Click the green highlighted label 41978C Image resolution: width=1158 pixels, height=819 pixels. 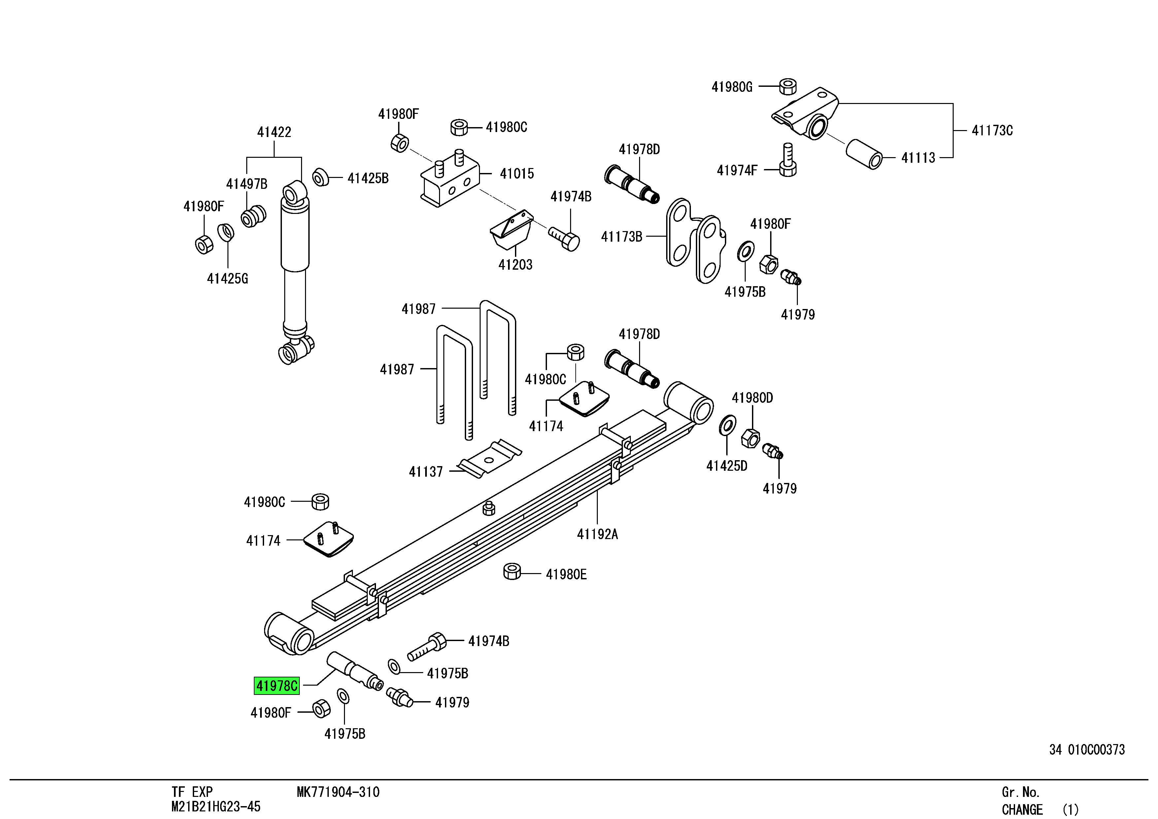(x=276, y=686)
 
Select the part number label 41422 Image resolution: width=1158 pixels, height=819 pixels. (x=274, y=132)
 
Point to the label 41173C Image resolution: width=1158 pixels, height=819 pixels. (x=992, y=131)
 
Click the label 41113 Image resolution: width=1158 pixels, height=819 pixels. (x=918, y=158)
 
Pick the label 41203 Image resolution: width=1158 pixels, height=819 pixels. (x=515, y=265)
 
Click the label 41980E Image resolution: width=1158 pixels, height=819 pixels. (x=566, y=574)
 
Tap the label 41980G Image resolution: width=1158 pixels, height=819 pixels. (x=731, y=87)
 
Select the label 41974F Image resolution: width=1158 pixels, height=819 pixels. (x=736, y=170)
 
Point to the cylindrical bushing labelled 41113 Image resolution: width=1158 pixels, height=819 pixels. (x=864, y=154)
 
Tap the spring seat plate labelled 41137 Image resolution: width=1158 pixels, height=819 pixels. (x=488, y=459)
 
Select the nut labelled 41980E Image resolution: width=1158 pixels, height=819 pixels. (x=512, y=571)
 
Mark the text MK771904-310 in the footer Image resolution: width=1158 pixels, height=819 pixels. (x=338, y=792)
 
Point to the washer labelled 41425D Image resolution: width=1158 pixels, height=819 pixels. (x=727, y=425)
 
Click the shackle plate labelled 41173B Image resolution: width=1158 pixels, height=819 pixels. (x=695, y=241)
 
